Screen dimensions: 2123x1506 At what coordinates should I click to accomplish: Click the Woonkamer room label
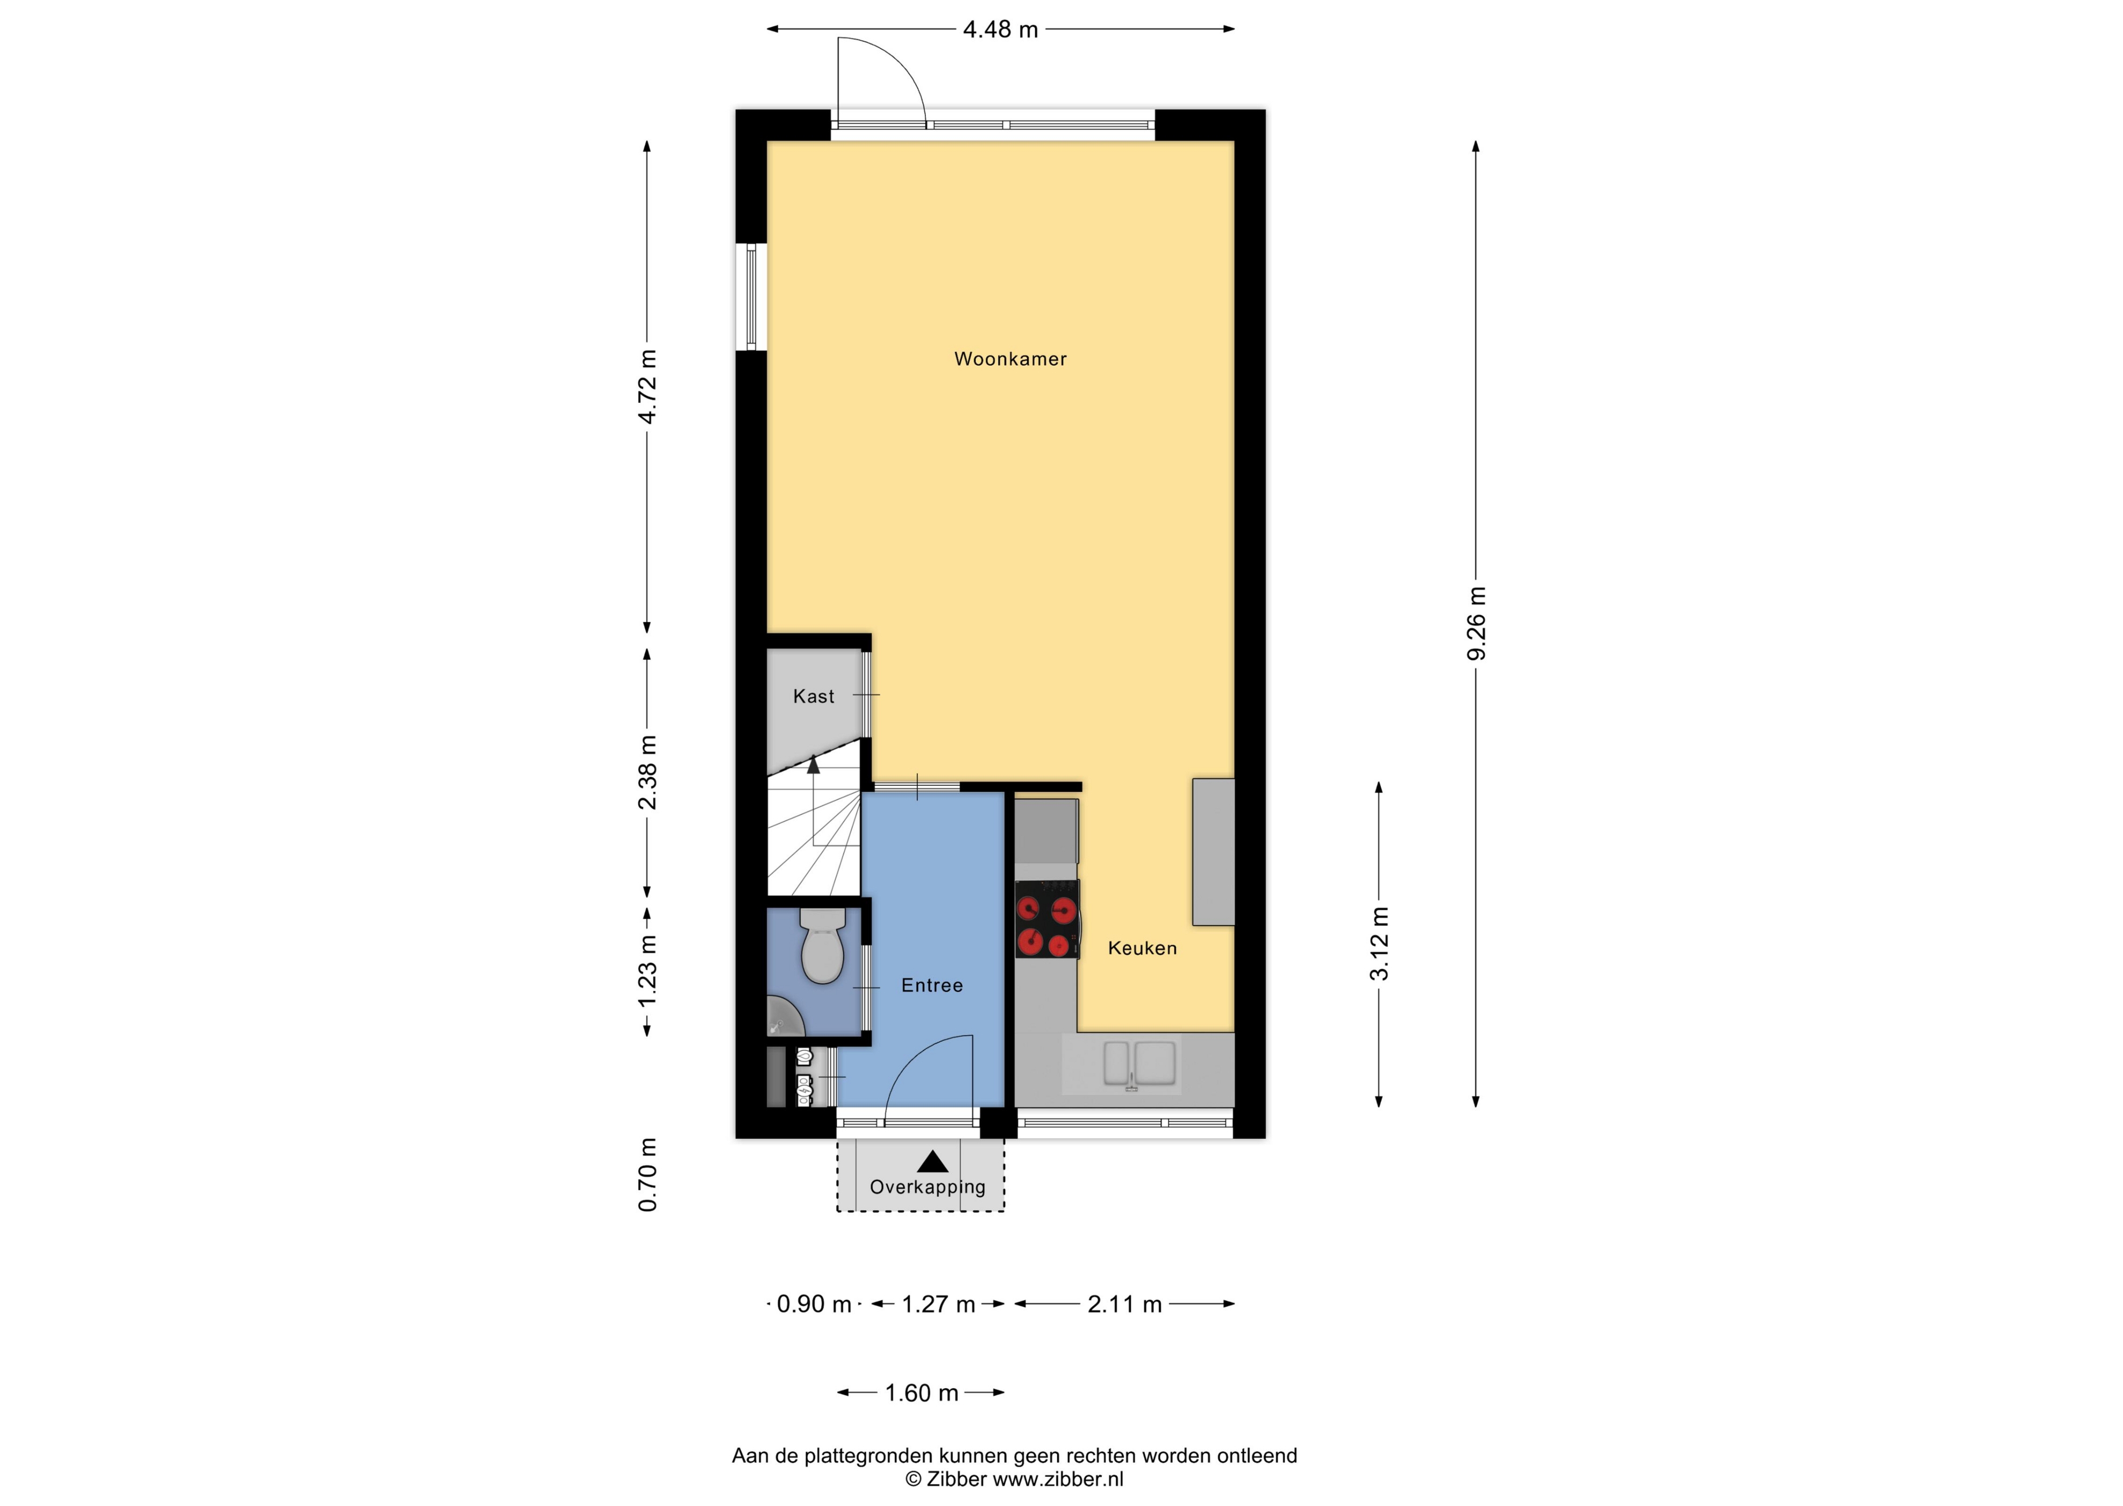(1010, 359)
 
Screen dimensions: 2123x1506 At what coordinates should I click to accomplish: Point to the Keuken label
(1142, 948)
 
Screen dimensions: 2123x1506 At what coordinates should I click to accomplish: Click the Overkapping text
(927, 1187)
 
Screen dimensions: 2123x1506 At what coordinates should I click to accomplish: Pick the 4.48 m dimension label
(1000, 30)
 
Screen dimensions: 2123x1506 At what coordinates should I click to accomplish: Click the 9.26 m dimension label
(1477, 623)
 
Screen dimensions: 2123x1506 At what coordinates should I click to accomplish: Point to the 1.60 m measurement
(922, 1393)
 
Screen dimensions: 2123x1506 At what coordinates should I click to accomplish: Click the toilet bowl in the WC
(821, 946)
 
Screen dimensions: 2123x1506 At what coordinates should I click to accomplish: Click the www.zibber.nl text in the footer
(1058, 1479)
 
